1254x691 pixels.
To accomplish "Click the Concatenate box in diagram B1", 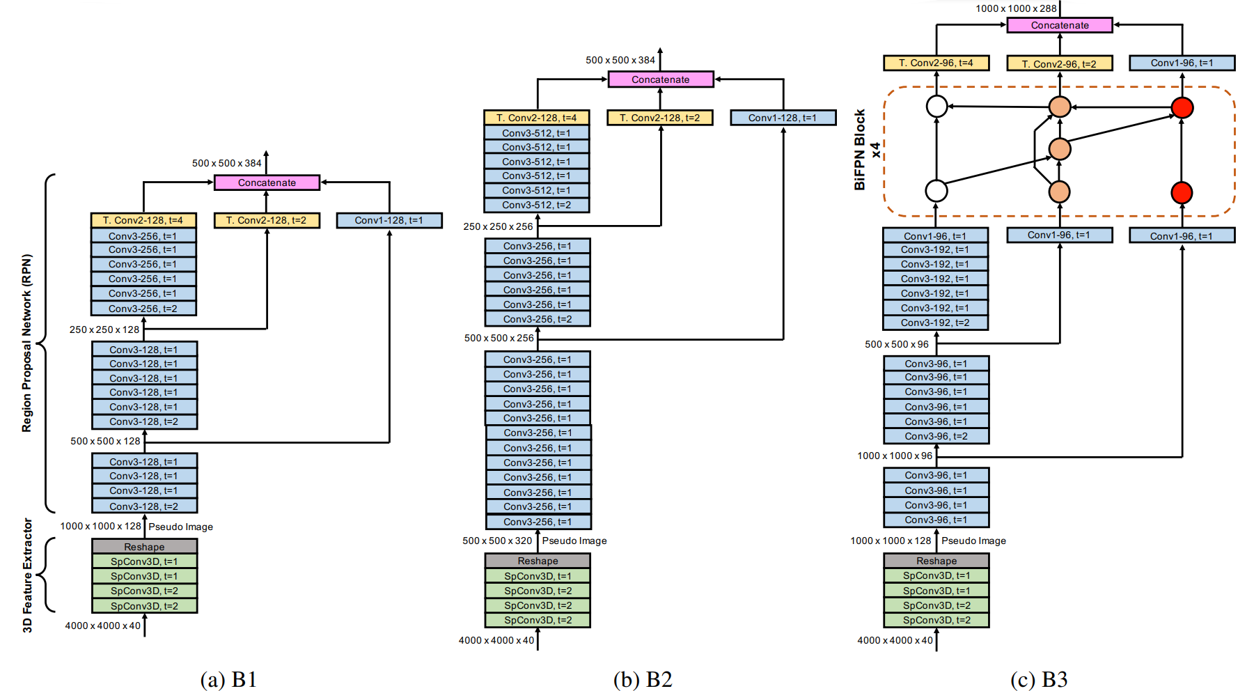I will point(267,183).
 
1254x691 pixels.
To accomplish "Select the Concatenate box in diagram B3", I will point(1059,25).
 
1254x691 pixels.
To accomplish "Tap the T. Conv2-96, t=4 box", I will point(936,63).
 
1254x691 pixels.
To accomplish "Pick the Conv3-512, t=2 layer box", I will point(537,205).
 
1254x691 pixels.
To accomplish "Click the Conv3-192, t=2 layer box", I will point(935,323).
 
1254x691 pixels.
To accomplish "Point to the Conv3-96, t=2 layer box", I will point(936,436).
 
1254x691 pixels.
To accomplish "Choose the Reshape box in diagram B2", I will point(538,561).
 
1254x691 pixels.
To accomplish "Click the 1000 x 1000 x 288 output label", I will point(1016,8).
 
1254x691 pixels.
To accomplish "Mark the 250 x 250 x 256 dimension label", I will point(498,226).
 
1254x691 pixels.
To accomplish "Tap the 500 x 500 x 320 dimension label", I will point(497,541).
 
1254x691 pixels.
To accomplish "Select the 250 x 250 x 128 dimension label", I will point(104,329).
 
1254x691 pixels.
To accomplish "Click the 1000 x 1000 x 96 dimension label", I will point(895,456).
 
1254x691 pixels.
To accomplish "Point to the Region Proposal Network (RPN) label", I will point(27,343).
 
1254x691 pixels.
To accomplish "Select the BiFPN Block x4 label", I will point(867,150).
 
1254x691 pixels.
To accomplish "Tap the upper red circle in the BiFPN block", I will point(1182,107).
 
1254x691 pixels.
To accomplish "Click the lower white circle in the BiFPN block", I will point(936,191).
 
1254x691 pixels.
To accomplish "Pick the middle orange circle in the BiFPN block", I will point(1059,149).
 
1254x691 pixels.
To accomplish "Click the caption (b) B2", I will point(643,679).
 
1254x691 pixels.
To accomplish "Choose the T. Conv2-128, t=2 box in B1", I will point(267,220).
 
